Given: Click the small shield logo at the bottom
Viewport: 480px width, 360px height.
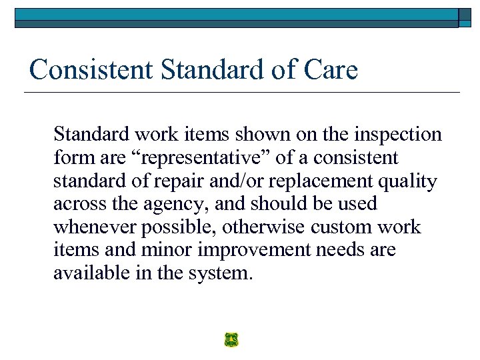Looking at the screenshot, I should point(231,340).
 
